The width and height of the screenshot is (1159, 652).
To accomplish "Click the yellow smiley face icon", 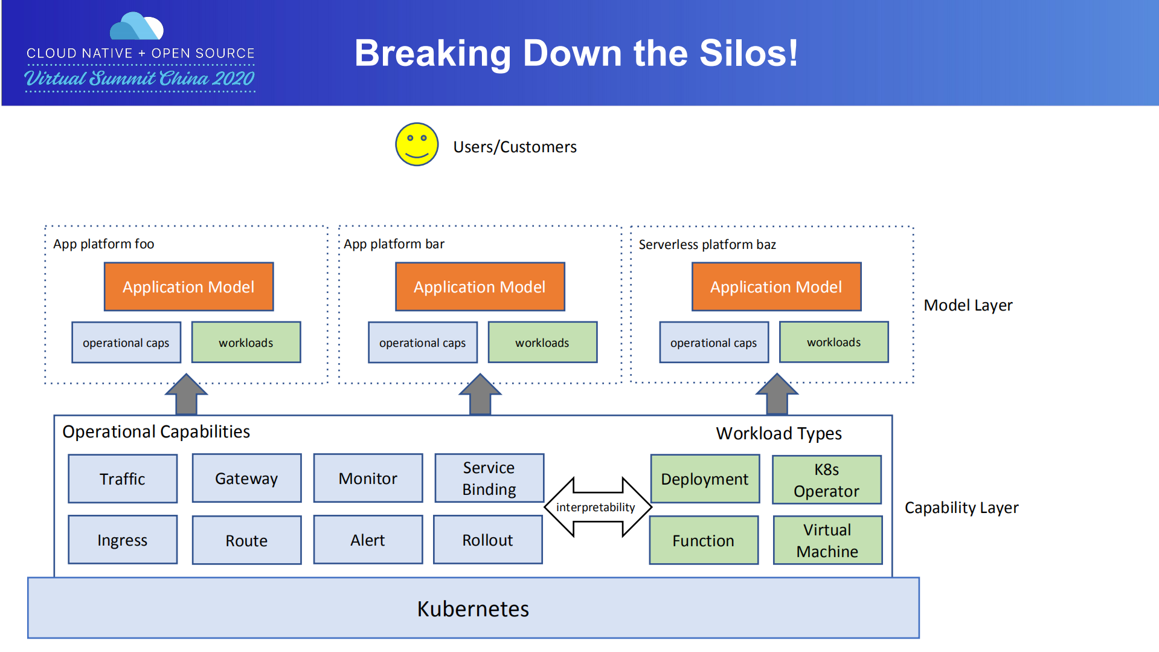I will pos(416,144).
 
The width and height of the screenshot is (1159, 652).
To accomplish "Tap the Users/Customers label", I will pos(515,147).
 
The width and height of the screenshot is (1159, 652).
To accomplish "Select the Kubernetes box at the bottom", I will pos(473,608).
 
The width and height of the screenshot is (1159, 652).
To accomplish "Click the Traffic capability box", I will pos(123,479).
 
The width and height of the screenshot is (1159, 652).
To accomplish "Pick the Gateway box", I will pos(246,479).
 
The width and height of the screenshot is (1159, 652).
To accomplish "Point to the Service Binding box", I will pos(489,479).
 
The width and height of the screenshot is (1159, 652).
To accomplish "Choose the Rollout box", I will pos(487,540).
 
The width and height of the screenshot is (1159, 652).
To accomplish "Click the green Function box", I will pos(704,540).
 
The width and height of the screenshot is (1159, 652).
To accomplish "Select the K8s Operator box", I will pos(826,480).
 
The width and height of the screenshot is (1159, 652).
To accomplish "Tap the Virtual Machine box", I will pos(827,540).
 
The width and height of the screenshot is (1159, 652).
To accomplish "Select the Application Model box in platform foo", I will pos(188,287).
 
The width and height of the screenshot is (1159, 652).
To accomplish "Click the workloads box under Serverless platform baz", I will pos(833,342).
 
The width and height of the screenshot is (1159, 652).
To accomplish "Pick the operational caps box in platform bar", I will pos(422,343).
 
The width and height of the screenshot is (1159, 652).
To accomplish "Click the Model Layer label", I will pos(968,305).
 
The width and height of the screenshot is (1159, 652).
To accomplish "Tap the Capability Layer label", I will pos(961,508).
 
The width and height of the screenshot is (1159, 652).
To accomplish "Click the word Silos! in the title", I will pos(748,53).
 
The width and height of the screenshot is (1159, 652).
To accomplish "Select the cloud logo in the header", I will pos(136,27).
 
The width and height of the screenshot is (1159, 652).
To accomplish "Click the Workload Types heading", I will pos(779,433).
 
